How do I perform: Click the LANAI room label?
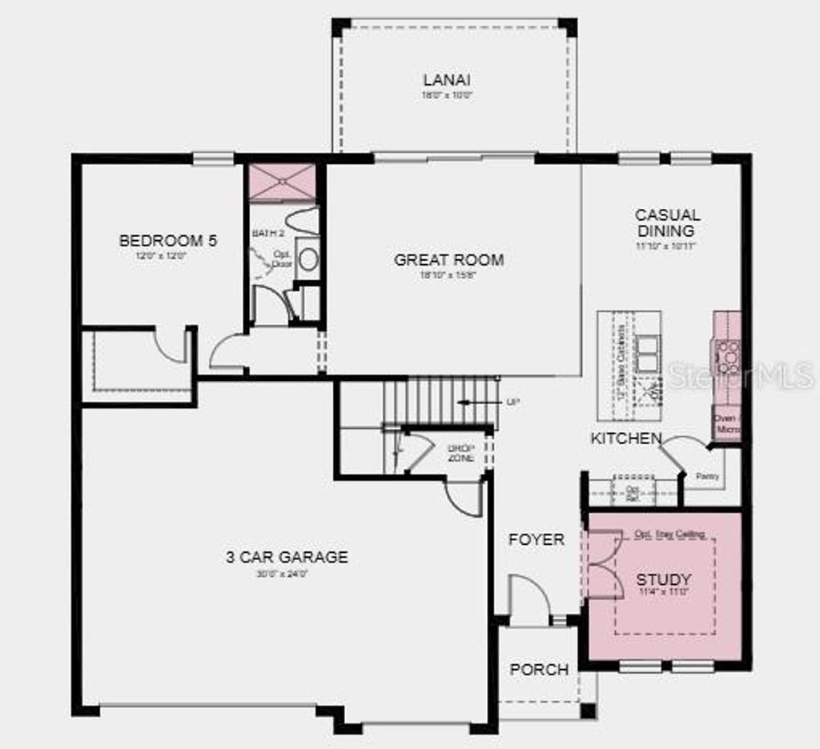(447, 80)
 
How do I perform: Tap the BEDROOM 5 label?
(168, 240)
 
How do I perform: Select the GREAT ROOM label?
(449, 260)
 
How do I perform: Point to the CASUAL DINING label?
(667, 223)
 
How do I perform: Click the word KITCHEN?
(626, 439)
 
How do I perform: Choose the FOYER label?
(537, 540)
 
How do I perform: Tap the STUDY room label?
(664, 579)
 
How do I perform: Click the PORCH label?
(539, 670)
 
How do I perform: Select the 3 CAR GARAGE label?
(287, 557)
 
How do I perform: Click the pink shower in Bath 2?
(281, 182)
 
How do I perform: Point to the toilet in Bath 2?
(307, 258)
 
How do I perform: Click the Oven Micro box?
(726, 424)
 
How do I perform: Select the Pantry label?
(708, 477)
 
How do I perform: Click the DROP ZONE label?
(461, 453)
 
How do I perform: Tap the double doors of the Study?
(605, 564)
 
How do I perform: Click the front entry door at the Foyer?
(529, 600)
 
